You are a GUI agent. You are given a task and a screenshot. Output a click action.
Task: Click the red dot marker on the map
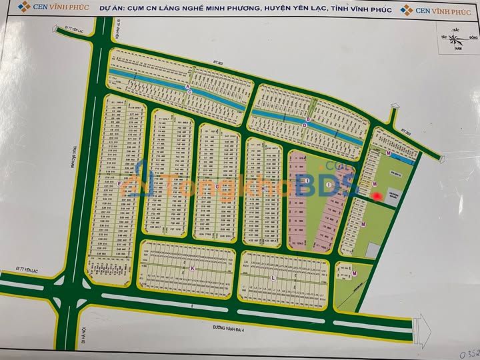coord(377,196)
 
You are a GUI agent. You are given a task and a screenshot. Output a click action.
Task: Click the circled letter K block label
coord(192,268)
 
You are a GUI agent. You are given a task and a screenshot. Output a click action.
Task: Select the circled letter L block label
coord(273,277)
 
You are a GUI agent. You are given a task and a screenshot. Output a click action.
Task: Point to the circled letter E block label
coord(119,183)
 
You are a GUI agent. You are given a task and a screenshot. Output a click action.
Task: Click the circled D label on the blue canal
coord(307,121)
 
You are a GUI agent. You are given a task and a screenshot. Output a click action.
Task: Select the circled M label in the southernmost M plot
coord(355,274)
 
